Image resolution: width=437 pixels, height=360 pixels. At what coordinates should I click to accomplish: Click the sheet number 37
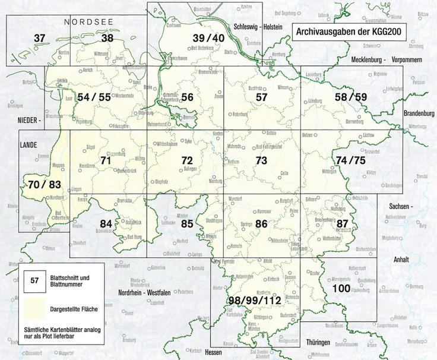point(39,39)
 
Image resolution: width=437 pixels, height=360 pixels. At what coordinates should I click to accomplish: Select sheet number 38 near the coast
point(107,39)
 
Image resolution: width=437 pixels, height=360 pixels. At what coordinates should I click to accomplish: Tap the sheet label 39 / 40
point(208,39)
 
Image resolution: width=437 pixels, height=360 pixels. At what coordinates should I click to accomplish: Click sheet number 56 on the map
point(188,97)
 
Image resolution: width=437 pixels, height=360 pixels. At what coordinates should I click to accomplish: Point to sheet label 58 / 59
point(351,97)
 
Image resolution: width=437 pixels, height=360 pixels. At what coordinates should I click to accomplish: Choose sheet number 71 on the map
point(106,161)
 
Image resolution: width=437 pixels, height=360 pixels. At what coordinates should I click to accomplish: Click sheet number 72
point(187,161)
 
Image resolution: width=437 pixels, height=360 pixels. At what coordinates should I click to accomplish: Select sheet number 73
point(261,161)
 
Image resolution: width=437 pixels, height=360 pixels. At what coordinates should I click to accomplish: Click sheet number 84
point(106,224)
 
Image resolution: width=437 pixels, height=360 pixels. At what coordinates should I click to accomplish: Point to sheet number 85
point(187,225)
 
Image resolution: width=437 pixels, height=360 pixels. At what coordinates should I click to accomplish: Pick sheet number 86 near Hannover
point(261,225)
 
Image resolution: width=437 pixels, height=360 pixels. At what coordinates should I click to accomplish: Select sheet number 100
point(341,289)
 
